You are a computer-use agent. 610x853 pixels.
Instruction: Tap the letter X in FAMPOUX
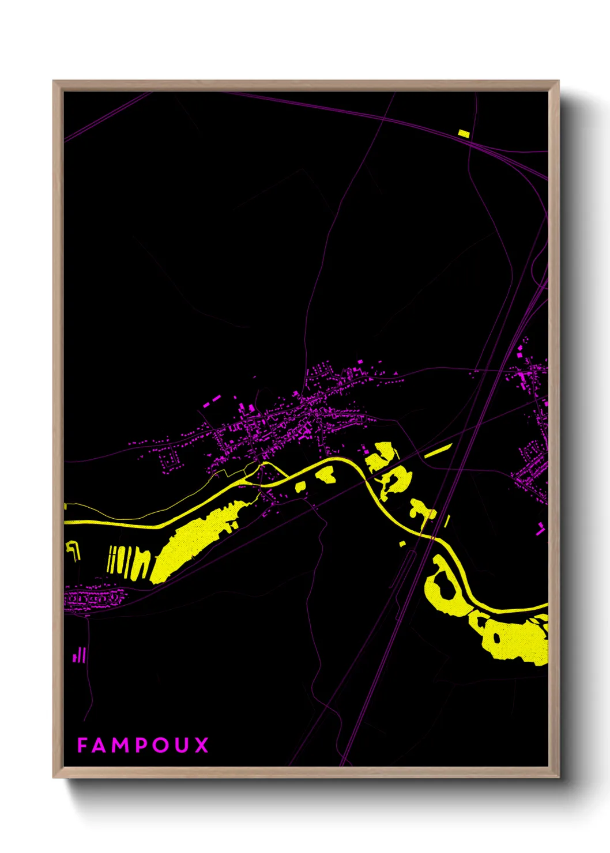click(201, 745)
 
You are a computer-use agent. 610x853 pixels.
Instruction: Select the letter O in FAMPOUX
click(160, 745)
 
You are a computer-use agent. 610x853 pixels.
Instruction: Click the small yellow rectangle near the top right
click(464, 134)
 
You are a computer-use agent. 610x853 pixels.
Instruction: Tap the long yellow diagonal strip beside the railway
click(438, 451)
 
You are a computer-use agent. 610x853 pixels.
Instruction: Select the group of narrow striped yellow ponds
click(128, 562)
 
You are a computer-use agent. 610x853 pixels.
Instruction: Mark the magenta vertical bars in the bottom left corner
click(80, 656)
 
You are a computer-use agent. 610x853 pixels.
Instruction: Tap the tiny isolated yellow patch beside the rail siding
click(402, 543)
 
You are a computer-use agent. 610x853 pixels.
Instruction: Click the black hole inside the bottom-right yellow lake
click(496, 637)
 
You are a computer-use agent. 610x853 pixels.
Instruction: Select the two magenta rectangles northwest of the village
click(212, 401)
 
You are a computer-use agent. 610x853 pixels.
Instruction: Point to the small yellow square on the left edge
click(66, 507)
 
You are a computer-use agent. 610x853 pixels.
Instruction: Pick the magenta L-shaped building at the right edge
click(540, 529)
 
